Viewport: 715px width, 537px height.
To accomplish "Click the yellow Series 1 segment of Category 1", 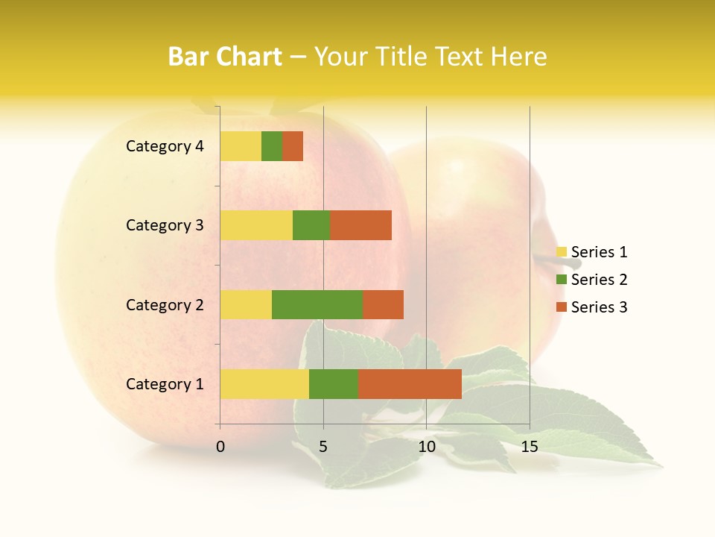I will pos(264,383).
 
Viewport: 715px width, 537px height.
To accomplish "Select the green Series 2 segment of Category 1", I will pos(334,383).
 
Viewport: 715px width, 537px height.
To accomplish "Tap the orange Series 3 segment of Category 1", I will pos(410,383).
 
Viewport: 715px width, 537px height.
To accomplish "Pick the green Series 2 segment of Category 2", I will pos(317,304).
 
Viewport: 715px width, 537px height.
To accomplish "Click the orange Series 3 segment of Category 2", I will pos(383,304).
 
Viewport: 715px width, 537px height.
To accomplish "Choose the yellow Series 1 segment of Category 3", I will pos(256,225).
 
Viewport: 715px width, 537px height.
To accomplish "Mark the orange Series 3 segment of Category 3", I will pos(360,225).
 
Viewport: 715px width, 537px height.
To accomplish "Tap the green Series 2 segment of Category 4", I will pos(272,146).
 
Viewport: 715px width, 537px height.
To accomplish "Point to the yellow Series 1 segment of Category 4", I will pos(241,146).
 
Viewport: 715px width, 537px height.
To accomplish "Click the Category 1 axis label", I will pos(165,384).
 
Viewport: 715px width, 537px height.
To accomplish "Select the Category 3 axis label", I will pos(165,225).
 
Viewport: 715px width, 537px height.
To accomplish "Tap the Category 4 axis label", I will pos(165,146).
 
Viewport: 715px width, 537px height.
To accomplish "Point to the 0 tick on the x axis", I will pos(220,447).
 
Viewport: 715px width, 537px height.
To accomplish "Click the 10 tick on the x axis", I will pos(426,447).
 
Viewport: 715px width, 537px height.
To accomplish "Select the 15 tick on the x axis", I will pos(530,447).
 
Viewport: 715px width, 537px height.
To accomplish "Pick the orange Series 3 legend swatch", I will pos(562,307).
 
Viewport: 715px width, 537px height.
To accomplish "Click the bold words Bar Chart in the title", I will pos(225,57).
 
